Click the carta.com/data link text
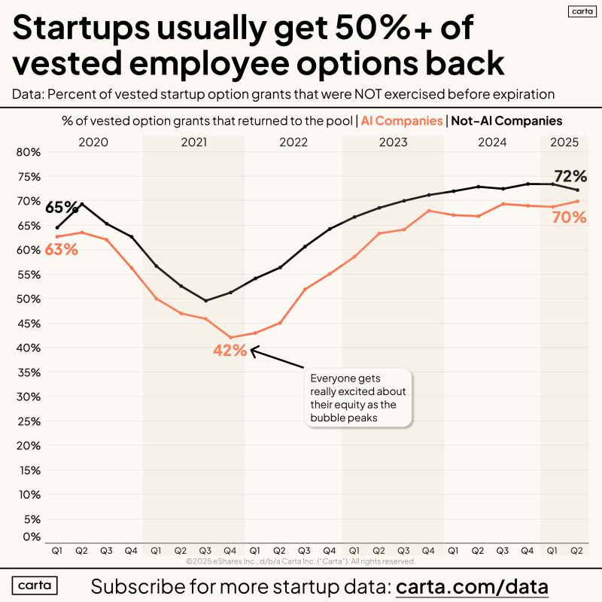(472, 586)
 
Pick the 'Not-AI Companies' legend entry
(506, 120)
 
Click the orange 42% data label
(229, 350)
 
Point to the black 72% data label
(570, 176)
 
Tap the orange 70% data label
(570, 217)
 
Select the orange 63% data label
(61, 249)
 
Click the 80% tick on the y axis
(28, 152)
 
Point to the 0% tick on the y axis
(31, 537)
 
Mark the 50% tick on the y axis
(28, 299)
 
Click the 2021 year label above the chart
(194, 141)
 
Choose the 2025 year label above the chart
(564, 141)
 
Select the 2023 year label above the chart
(393, 141)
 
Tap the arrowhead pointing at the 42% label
(254, 350)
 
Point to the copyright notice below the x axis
(300, 561)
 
